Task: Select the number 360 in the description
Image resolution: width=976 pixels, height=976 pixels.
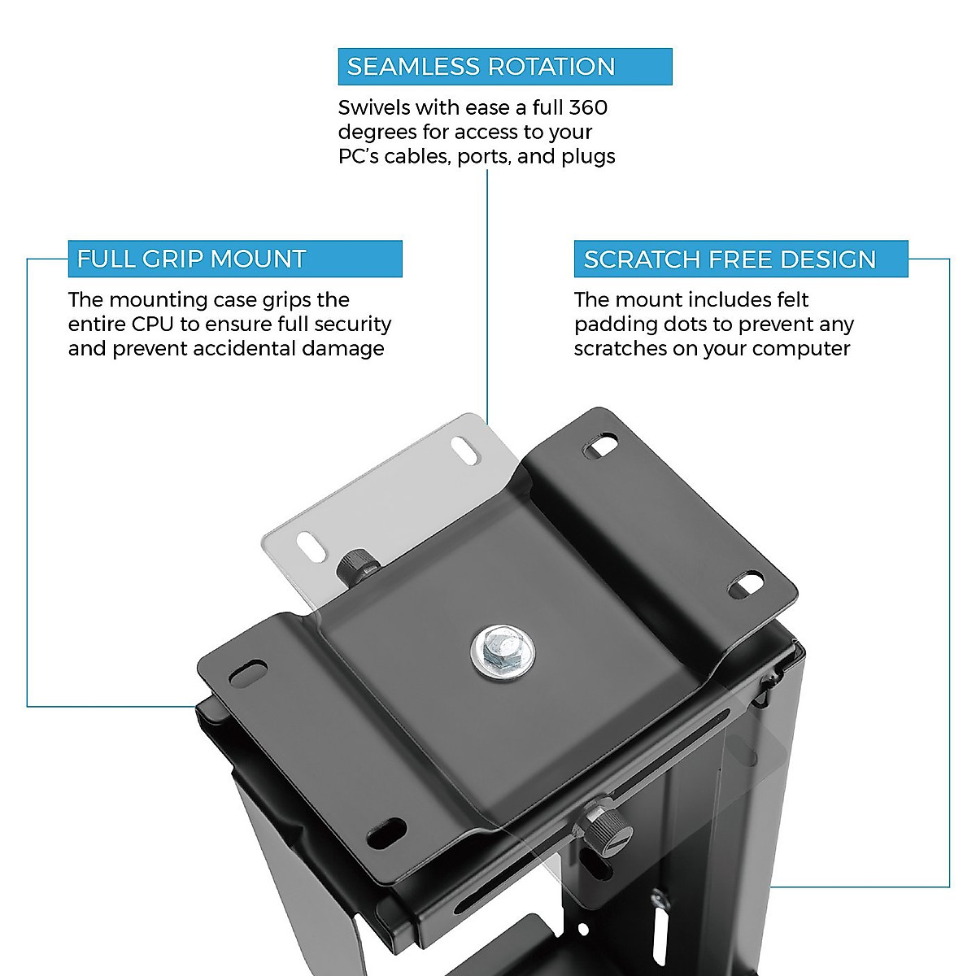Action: (588, 107)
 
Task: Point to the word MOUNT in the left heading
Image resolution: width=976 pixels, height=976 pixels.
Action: (262, 259)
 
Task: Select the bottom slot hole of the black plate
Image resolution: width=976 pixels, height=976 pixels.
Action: (387, 832)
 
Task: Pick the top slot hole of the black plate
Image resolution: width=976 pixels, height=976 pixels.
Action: (602, 446)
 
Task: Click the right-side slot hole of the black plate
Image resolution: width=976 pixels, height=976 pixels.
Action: (745, 583)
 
